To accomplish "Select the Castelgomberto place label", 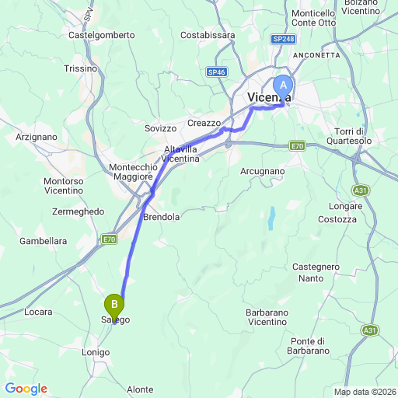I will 102,35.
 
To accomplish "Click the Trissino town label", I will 81,68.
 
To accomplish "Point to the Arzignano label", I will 37,136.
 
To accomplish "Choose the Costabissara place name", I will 208,35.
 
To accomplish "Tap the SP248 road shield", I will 283,38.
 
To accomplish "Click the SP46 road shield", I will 217,72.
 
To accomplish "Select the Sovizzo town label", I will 162,127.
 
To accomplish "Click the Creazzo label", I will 204,123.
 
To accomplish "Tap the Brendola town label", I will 162,218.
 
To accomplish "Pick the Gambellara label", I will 43,241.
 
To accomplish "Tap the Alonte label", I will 140,389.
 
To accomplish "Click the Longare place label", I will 345,207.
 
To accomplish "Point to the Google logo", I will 26,389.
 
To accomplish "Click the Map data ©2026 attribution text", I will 365,392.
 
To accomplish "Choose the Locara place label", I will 38,312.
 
